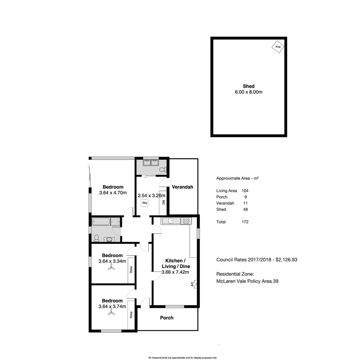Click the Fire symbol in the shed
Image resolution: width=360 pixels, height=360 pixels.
click(x=278, y=47)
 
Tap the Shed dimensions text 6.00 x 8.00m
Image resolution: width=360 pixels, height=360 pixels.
click(x=249, y=92)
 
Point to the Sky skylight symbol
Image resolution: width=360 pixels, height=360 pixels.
click(x=145, y=203)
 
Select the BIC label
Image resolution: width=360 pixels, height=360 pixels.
click(x=163, y=202)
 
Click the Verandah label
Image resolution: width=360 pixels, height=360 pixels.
click(x=183, y=187)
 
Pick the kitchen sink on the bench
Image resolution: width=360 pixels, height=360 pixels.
click(x=169, y=221)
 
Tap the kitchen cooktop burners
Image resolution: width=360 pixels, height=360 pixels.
click(x=186, y=221)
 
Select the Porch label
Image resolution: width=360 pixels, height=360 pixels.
click(x=167, y=318)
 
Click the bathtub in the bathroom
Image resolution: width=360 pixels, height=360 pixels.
click(x=101, y=222)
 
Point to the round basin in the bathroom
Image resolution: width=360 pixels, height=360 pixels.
click(x=110, y=239)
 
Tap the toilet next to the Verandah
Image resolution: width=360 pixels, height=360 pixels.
click(x=163, y=169)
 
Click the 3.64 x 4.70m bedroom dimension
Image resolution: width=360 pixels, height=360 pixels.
click(x=113, y=193)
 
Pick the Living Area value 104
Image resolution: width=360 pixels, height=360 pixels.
click(x=245, y=191)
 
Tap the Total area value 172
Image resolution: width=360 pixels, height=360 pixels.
click(x=245, y=222)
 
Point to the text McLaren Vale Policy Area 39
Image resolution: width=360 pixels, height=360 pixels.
click(x=247, y=281)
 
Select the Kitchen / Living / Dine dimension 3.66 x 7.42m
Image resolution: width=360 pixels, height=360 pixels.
click(x=175, y=272)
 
